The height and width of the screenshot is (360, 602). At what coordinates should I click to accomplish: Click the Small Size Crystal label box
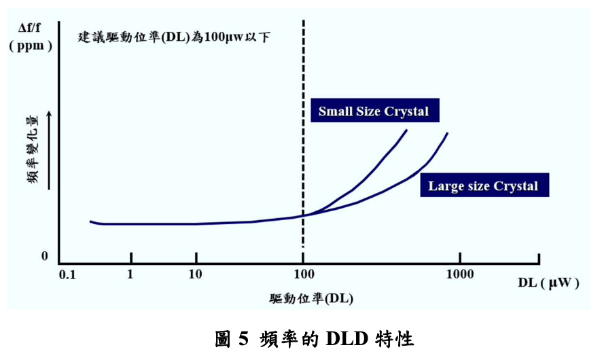tap(374, 111)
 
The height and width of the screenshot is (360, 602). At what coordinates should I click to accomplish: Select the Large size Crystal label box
tap(483, 185)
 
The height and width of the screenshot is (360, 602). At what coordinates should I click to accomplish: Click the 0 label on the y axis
tap(45, 257)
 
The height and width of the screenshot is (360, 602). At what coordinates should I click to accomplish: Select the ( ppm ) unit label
tap(31, 46)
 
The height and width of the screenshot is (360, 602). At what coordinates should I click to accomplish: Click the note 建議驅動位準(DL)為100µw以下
tap(174, 37)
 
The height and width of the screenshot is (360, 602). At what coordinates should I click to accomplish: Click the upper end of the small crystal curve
tap(406, 130)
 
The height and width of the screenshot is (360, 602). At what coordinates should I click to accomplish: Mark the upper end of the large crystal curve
tap(447, 133)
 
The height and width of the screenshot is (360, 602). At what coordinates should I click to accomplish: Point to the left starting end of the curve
tap(90, 221)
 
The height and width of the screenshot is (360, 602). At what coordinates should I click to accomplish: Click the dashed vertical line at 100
tap(303, 136)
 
